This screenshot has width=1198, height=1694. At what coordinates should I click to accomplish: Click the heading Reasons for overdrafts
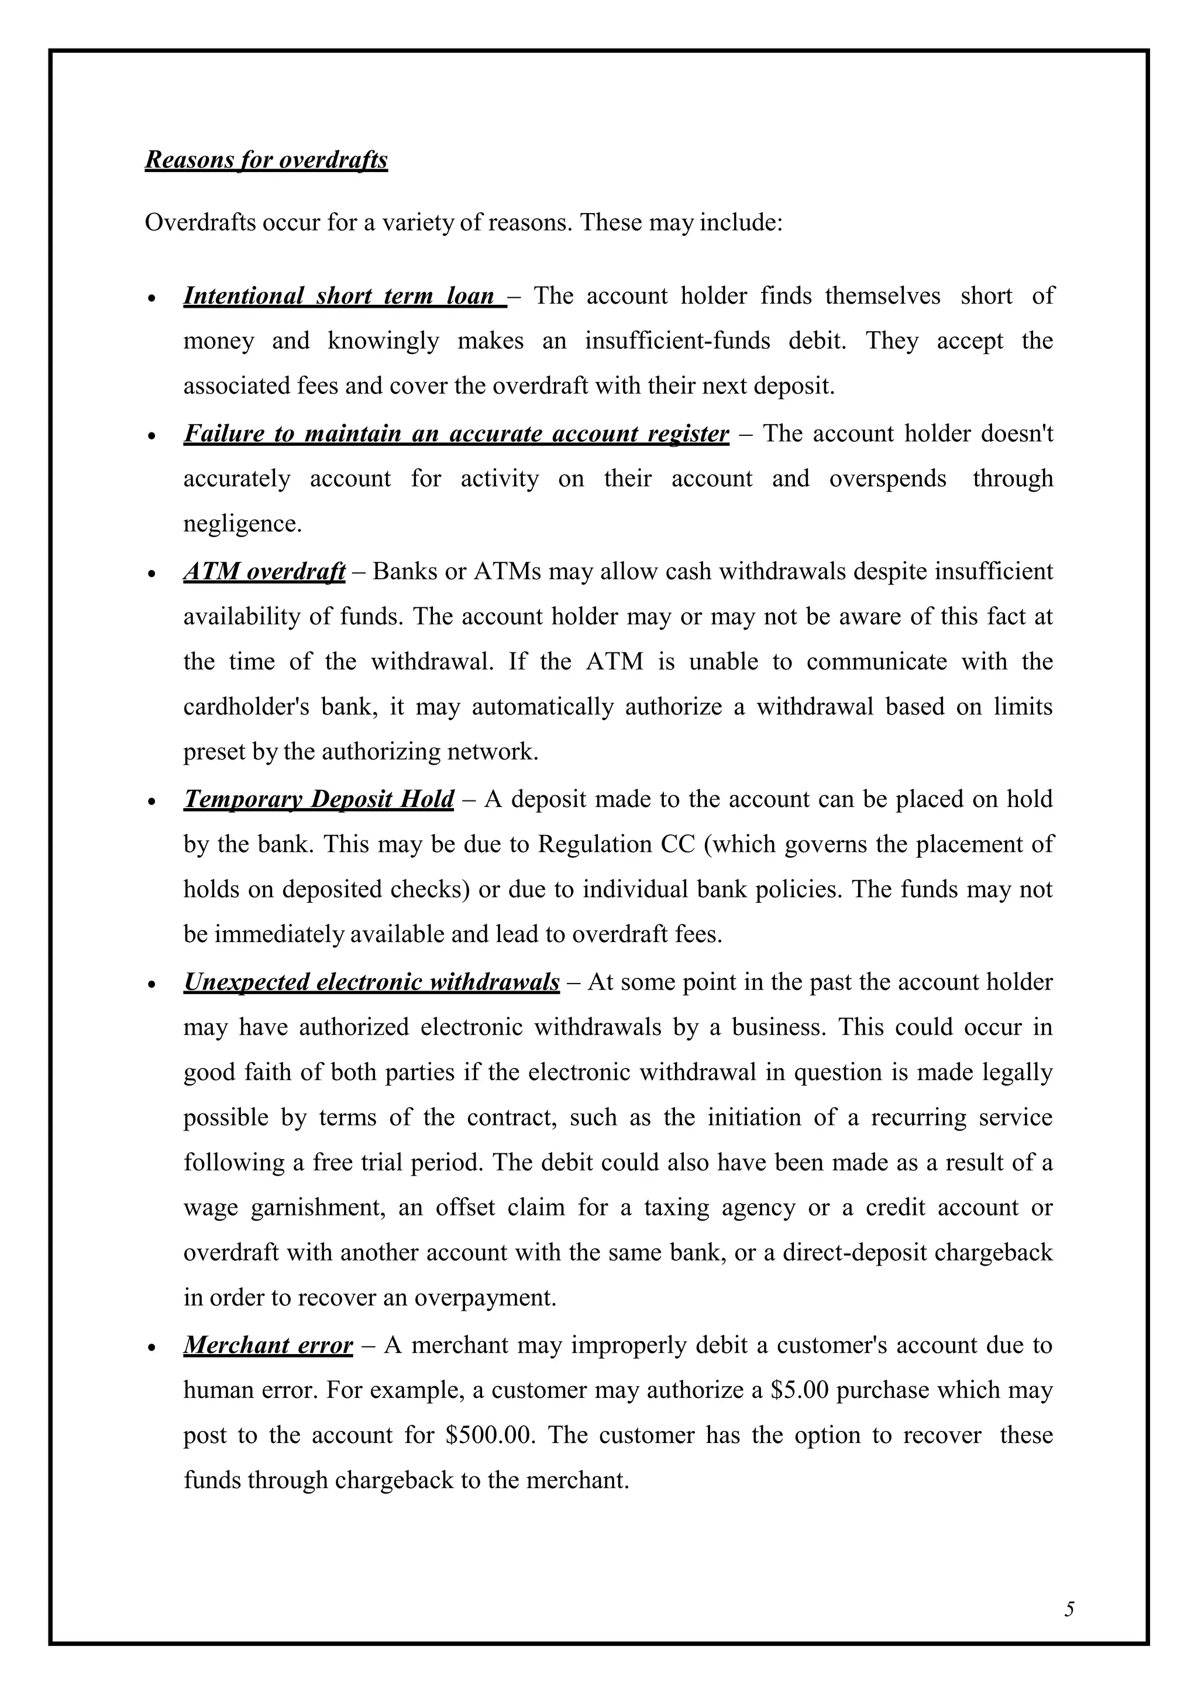pyautogui.click(x=266, y=160)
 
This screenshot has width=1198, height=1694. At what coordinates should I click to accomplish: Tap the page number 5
pyautogui.click(x=1069, y=1609)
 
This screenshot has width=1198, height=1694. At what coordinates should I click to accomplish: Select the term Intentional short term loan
pyautogui.click(x=339, y=296)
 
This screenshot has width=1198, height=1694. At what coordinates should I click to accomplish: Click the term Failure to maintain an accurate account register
pyautogui.click(x=456, y=433)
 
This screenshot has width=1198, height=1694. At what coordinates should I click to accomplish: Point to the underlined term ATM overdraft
pyautogui.click(x=264, y=571)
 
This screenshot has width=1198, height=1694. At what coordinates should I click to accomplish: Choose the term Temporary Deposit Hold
pyautogui.click(x=319, y=799)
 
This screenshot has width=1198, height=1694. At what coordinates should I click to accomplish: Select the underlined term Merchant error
pyautogui.click(x=268, y=1345)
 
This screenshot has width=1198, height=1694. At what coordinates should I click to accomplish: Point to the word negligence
pyautogui.click(x=243, y=524)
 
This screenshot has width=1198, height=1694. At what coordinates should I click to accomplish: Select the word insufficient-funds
pyautogui.click(x=677, y=341)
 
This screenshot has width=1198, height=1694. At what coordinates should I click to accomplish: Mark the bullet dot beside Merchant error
pyautogui.click(x=152, y=1347)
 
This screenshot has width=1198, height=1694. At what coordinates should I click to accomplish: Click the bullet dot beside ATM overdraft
pyautogui.click(x=152, y=573)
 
